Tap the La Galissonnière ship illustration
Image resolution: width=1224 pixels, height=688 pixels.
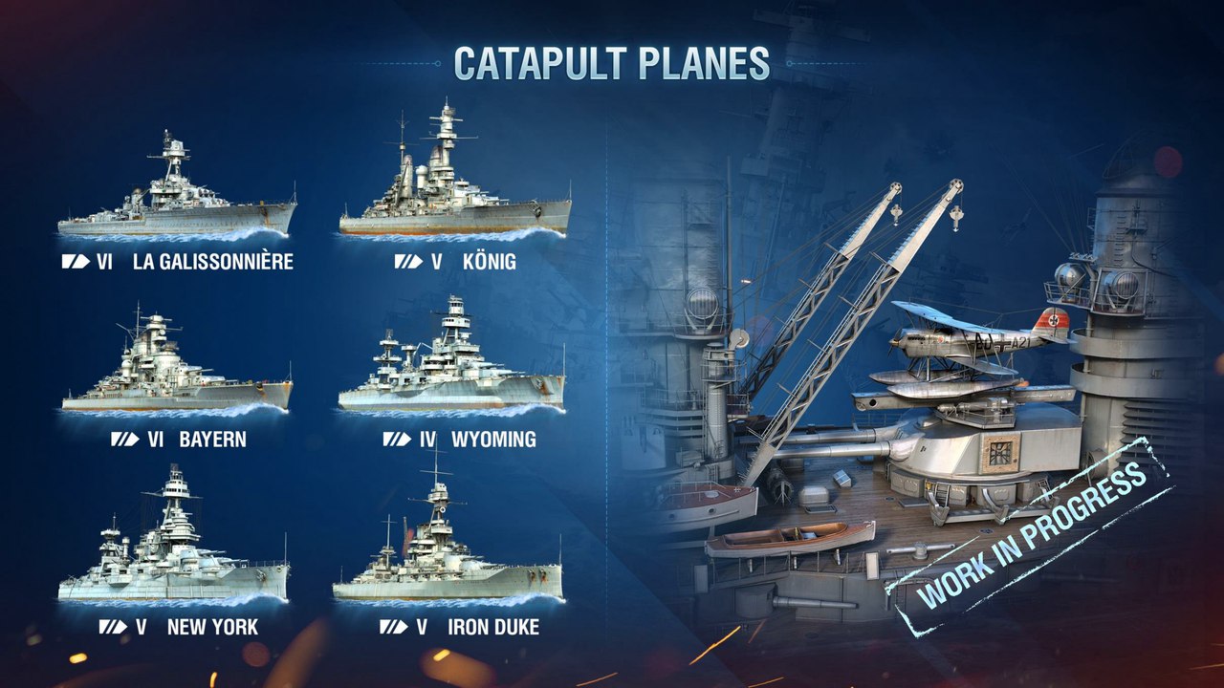pyautogui.click(x=177, y=196)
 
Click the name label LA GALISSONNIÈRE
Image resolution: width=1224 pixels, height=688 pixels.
pyautogui.click(x=213, y=262)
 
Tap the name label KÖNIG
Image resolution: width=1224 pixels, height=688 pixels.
pyautogui.click(x=489, y=262)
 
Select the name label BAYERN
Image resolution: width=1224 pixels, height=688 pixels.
pyautogui.click(x=212, y=440)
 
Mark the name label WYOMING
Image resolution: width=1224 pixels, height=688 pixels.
pyautogui.click(x=493, y=440)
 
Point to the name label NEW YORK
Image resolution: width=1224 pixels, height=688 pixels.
pyautogui.click(x=212, y=628)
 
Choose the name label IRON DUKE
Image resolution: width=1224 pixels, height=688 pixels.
pyautogui.click(x=493, y=628)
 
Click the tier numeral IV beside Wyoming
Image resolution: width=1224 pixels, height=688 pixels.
pyautogui.click(x=427, y=440)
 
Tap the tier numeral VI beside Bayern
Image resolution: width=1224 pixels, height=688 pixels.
pyautogui.click(x=154, y=440)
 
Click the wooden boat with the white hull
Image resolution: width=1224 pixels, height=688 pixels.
pyautogui.click(x=790, y=538)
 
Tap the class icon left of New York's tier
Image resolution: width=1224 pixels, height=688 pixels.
pyautogui.click(x=112, y=628)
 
